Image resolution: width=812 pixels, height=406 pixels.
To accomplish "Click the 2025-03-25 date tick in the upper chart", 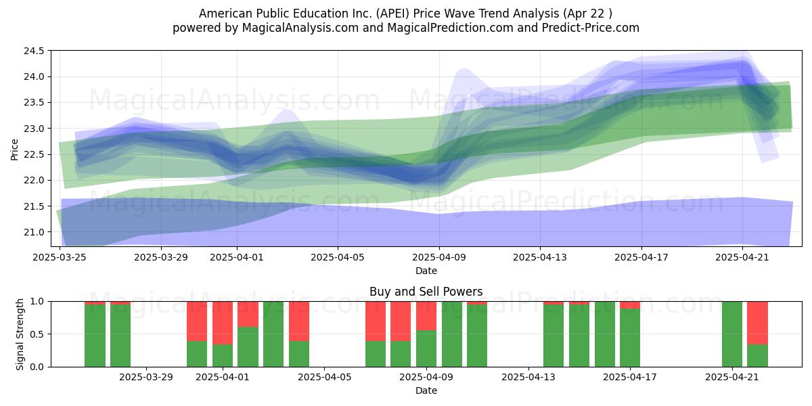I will click(60, 257).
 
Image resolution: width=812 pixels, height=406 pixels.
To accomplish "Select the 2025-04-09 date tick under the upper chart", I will click(439, 257).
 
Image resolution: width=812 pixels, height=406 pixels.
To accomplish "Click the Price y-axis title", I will click(15, 148).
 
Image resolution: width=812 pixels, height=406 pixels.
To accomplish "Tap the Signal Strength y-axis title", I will click(20, 334).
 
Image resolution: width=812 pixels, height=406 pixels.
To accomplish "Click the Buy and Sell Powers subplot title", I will click(426, 292).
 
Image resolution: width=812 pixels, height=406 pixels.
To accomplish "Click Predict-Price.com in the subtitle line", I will click(594, 28).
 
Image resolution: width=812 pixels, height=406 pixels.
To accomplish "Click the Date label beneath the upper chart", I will click(426, 271).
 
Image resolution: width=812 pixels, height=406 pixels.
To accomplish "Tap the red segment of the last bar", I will click(757, 323).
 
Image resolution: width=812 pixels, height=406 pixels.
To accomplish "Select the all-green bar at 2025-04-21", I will click(732, 334).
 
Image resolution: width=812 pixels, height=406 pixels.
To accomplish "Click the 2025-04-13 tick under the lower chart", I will click(528, 376).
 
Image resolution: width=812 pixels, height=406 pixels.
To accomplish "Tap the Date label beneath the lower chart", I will click(426, 390).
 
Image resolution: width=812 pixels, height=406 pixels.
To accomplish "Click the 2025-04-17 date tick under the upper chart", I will click(641, 257).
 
